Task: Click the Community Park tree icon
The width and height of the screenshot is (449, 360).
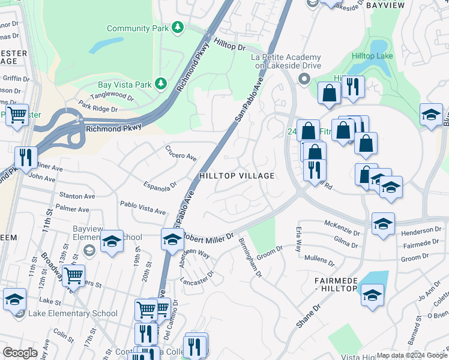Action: click(x=177, y=28)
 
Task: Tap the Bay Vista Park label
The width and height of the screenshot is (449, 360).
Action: click(x=126, y=85)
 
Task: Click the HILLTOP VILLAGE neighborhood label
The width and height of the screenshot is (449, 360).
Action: click(x=237, y=176)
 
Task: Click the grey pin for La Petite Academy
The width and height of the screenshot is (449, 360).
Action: click(x=304, y=79)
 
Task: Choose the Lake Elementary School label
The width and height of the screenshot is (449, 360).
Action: click(x=70, y=313)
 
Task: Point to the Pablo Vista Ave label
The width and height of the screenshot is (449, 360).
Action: click(x=143, y=208)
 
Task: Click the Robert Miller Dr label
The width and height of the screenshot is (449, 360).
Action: click(x=208, y=237)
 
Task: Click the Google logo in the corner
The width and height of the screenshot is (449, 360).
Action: click(x=20, y=352)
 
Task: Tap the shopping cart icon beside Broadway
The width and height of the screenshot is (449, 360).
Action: click(x=73, y=275)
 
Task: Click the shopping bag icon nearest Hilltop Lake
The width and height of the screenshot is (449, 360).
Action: click(x=329, y=92)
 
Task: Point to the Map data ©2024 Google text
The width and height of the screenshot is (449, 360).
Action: click(x=412, y=355)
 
